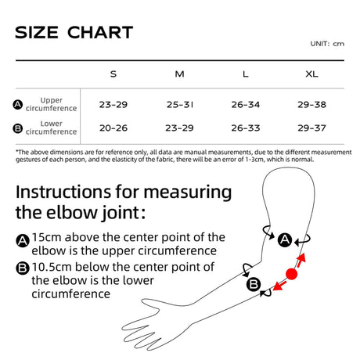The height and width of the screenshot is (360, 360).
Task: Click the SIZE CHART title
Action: coord(74,32)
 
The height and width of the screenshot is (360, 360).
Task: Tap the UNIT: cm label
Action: coord(327,44)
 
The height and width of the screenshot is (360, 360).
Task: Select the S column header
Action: coord(113,74)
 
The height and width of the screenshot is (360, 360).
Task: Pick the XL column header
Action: coord(311,74)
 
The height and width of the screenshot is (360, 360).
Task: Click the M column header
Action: coord(179,74)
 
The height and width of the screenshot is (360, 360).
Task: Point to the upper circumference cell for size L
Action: coord(246,105)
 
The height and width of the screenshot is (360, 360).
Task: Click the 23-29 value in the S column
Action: coord(113,105)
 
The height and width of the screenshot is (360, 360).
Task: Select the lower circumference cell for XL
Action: coord(311,128)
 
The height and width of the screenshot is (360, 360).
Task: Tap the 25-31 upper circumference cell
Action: coord(180,105)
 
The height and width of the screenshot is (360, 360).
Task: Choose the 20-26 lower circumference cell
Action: coord(113,128)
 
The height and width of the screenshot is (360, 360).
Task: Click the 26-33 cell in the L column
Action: coord(246,128)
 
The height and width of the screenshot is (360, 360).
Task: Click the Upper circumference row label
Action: coord(51,104)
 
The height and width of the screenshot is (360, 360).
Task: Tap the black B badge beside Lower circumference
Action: coord(18,128)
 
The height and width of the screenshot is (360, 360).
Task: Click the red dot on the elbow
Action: coord(291,274)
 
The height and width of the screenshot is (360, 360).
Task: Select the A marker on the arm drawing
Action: coord(285,239)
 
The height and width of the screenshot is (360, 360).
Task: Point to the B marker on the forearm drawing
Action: coord(254,284)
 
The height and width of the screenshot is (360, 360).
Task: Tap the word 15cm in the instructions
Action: coord(47,237)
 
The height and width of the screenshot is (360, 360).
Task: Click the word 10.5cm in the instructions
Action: coord(52,267)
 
